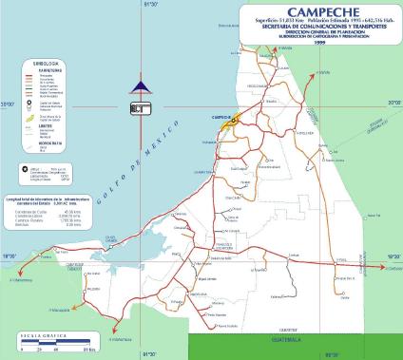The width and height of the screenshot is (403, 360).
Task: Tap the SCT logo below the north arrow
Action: click(x=141, y=107)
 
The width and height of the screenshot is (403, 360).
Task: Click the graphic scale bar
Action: click(x=48, y=342)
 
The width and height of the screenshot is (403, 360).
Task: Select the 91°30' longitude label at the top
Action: click(x=149, y=4)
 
